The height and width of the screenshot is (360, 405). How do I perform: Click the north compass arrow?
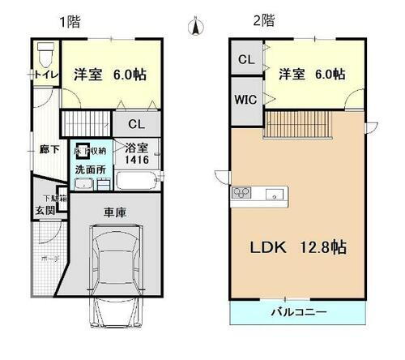(x=194, y=28)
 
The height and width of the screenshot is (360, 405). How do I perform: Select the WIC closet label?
(x=245, y=101)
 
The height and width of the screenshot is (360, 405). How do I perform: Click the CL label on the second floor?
(x=245, y=59)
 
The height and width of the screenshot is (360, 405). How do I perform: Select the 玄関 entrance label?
(x=45, y=211)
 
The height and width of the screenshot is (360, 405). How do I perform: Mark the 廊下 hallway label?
(x=49, y=149)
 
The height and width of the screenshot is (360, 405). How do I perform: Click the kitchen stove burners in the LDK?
(x=243, y=192)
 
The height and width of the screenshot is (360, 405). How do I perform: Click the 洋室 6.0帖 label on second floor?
(x=312, y=74)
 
